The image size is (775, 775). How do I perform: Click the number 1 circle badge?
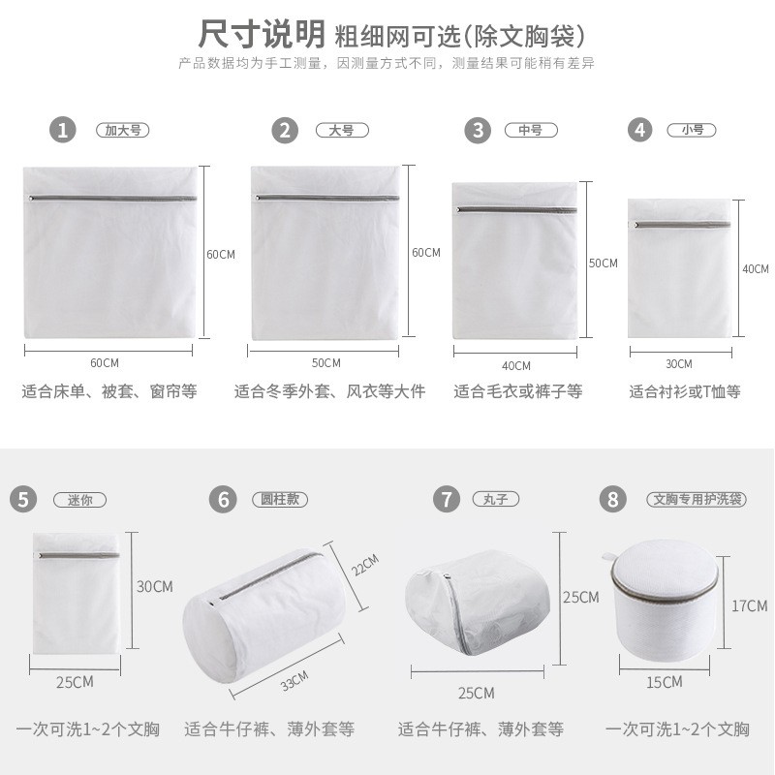(63, 130)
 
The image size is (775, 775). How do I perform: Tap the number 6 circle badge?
(224, 499)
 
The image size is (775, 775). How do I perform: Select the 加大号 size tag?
(123, 130)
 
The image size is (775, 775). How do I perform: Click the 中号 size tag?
(531, 130)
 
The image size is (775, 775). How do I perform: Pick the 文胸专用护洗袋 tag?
(697, 499)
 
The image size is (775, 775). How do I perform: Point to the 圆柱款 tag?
(280, 499)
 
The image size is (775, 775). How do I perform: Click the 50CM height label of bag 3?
(603, 263)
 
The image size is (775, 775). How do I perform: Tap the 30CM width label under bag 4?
(679, 364)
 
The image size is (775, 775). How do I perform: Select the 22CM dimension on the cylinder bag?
(365, 565)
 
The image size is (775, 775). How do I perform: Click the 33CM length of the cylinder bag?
(294, 681)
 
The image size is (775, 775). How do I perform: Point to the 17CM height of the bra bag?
(749, 605)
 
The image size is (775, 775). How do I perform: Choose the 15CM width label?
(665, 682)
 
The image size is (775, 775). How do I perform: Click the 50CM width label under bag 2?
(326, 362)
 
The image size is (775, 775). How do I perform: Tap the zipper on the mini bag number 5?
(78, 555)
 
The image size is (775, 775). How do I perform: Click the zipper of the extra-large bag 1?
(112, 199)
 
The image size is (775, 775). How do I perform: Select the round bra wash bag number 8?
(665, 601)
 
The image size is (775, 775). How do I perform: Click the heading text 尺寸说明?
(262, 34)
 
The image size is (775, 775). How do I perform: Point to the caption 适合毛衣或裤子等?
(518, 391)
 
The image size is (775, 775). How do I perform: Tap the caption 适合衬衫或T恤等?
(685, 391)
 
